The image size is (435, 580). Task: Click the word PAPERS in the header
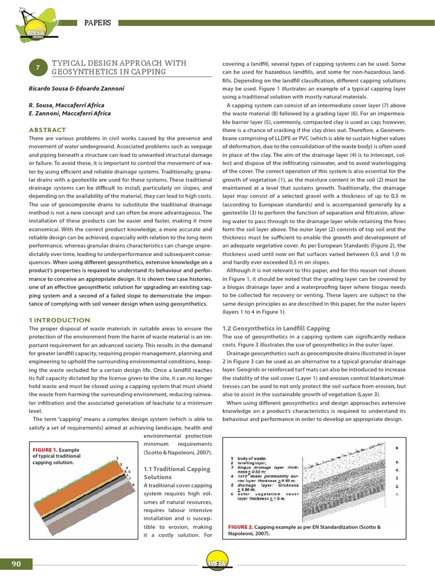click(97, 23)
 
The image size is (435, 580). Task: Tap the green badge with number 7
click(37, 67)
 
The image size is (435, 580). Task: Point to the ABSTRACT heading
click(47, 130)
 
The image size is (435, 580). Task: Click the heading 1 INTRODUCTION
click(59, 320)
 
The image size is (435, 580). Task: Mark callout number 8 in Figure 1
click(133, 485)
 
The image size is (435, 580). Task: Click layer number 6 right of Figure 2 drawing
click(396, 447)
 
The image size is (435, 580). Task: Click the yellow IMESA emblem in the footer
click(217, 563)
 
